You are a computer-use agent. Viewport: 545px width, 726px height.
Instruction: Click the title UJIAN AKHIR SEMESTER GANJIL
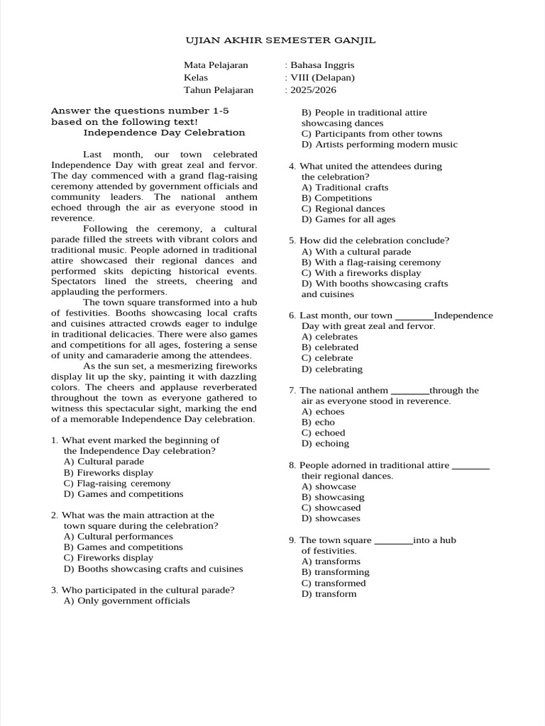pos(280,40)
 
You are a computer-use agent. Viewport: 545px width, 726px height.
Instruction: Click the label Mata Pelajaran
pos(216,65)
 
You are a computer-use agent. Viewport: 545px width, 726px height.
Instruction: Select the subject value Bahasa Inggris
pos(319,65)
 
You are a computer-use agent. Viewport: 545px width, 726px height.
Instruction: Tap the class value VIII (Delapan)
pos(321,77)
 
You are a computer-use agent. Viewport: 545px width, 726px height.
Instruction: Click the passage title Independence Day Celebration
pos(164,133)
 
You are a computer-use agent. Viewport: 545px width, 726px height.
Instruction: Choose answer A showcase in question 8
pos(329,486)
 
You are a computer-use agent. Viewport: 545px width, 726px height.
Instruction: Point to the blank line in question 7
pos(410,391)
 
